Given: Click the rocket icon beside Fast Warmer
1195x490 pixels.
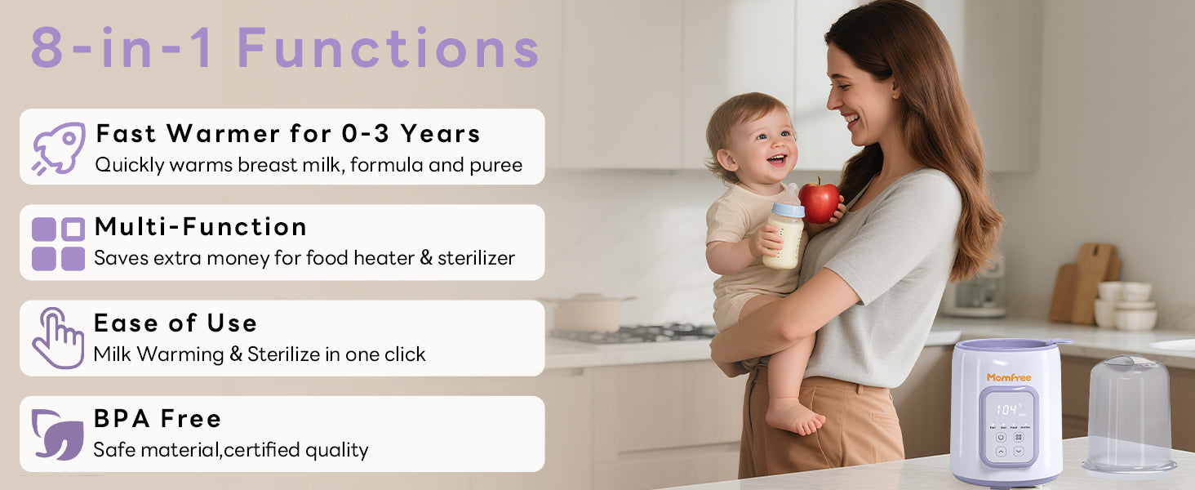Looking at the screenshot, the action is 59,148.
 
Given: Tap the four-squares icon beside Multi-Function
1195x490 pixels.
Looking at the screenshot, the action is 58,244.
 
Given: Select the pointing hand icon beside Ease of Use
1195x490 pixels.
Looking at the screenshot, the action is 58,338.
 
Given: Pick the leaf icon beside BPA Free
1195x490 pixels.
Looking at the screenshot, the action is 57,434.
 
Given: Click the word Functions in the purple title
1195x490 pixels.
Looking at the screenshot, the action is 389,48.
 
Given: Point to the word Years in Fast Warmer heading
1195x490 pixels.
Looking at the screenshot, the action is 441,133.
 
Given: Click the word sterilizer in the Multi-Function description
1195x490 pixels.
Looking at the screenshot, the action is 477,258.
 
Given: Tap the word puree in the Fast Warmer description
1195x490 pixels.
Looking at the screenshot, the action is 496,166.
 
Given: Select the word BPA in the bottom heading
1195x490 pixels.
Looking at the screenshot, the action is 122,419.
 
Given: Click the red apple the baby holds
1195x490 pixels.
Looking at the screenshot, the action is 819,202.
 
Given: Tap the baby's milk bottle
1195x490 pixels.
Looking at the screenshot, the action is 784,228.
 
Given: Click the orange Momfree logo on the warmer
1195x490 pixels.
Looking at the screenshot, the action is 1009,377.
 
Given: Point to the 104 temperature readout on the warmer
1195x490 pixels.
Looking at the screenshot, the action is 1006,410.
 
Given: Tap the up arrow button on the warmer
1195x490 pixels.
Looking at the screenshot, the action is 1002,452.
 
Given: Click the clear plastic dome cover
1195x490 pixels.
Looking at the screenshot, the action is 1129,415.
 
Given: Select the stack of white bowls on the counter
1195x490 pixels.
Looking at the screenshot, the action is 1125,305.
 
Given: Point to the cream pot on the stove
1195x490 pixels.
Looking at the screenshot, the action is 587,312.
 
